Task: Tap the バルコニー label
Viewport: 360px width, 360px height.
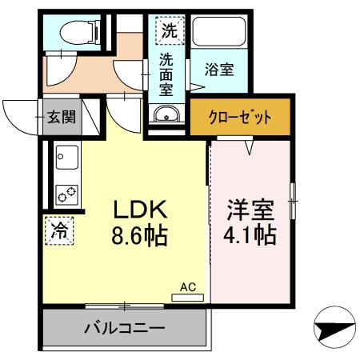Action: [x=124, y=328]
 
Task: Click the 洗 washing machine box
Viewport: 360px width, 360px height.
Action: [x=169, y=32]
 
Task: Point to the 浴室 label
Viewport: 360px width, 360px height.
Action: [x=218, y=70]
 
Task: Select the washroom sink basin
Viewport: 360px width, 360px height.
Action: [x=166, y=114]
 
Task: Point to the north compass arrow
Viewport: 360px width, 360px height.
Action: [x=330, y=329]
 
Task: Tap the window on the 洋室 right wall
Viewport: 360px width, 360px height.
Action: [x=293, y=194]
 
